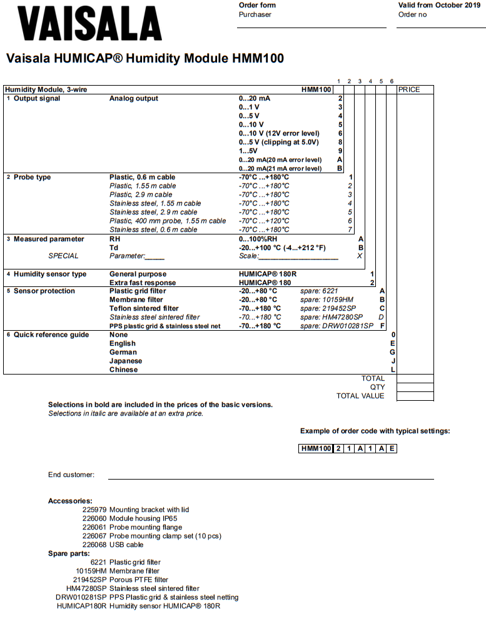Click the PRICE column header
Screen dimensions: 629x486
tap(409, 89)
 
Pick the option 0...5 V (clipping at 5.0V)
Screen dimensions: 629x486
tap(280, 142)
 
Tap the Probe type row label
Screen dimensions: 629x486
tap(32, 177)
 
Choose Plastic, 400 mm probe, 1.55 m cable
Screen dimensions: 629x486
tap(168, 221)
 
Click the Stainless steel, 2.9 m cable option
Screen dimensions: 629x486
tap(153, 212)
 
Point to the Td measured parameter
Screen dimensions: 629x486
tap(114, 248)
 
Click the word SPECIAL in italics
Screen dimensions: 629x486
tap(64, 256)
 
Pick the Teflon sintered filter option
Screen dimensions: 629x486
tap(143, 308)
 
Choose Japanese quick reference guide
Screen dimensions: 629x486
tap(126, 361)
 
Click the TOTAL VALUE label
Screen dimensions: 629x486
tap(360, 396)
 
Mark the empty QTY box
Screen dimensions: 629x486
tap(415, 387)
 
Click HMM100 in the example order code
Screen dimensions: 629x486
tap(315, 448)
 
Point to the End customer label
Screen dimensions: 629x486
tap(71, 475)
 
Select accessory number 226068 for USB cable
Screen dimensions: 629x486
tap(94, 545)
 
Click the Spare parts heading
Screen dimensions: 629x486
tap(69, 553)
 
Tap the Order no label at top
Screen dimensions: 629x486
tap(412, 14)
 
